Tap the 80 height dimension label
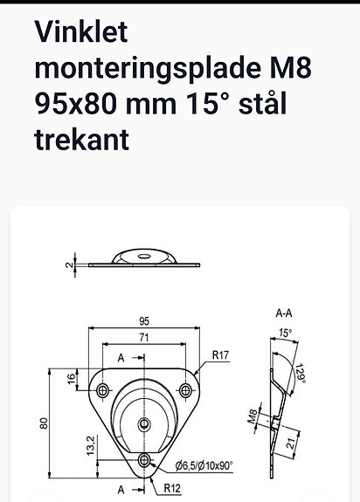tap(43, 423)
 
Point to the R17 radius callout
tap(219, 355)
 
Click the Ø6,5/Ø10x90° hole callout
tap(205, 464)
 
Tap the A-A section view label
tap(283, 312)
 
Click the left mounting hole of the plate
tap(105, 389)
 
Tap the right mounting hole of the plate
tap(184, 389)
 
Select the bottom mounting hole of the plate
tap(145, 459)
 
